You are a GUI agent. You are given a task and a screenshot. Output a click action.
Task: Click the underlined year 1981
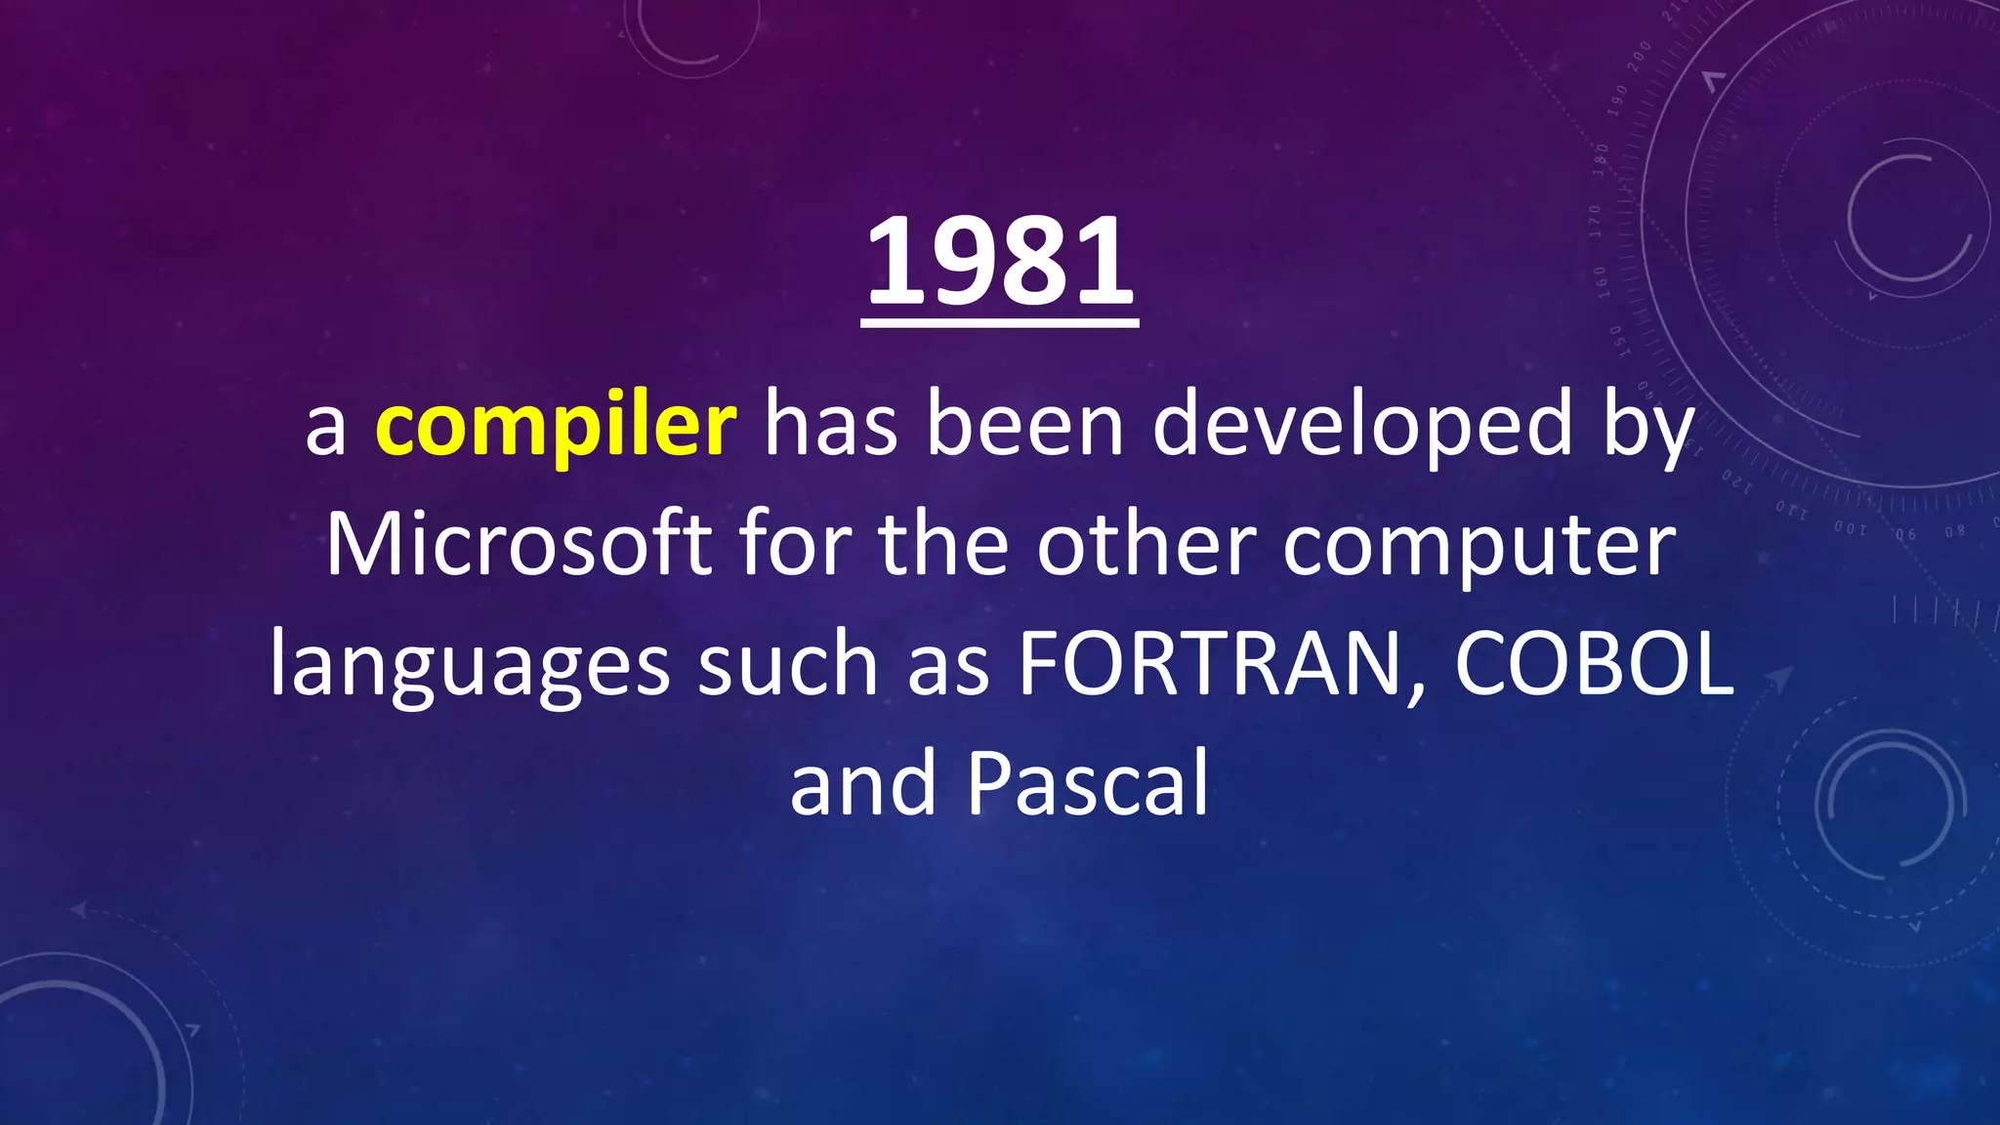pyautogui.click(x=999, y=262)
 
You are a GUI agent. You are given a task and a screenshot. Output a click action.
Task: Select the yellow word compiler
pyautogui.click(x=556, y=427)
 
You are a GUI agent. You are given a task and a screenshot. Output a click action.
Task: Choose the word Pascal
pyautogui.click(x=1088, y=784)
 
